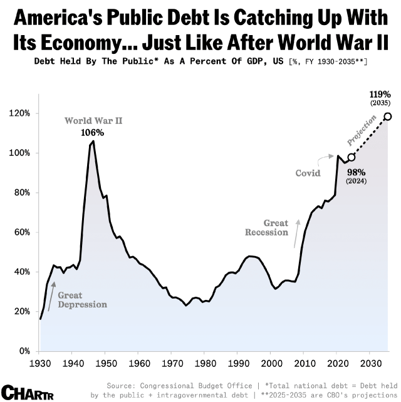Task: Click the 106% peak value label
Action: [x=93, y=132]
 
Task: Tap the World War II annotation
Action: [x=93, y=120]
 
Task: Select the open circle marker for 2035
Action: [x=388, y=116]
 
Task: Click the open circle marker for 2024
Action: [x=352, y=157]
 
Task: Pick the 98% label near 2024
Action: [x=356, y=172]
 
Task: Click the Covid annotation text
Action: [x=308, y=173]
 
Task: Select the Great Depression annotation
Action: [x=82, y=299]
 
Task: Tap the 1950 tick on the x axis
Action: [x=105, y=363]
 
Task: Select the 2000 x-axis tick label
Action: [x=271, y=363]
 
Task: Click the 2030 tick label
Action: [x=370, y=363]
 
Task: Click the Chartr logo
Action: [x=26, y=391]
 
